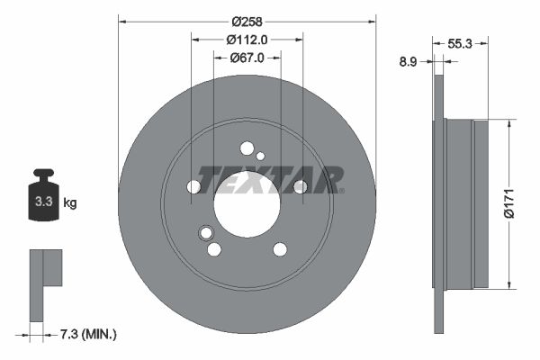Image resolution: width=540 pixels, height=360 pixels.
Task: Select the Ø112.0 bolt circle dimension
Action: (x=247, y=39)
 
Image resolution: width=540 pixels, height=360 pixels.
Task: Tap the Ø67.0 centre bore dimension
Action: (x=247, y=58)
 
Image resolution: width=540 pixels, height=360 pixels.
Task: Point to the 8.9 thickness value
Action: (x=408, y=62)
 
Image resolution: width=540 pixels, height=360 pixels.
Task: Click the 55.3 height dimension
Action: (x=460, y=42)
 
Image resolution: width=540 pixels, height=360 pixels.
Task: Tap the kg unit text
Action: (x=70, y=203)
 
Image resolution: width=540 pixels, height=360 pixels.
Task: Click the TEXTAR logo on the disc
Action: (x=270, y=179)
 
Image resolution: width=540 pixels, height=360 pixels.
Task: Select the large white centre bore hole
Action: (x=247, y=203)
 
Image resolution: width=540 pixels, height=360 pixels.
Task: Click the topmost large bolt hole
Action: (x=247, y=148)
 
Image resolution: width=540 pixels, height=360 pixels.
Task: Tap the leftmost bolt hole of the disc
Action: (x=193, y=187)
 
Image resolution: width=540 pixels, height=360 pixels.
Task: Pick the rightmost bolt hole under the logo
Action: (x=300, y=186)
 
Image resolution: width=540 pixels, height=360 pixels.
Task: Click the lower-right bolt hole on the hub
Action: (x=280, y=249)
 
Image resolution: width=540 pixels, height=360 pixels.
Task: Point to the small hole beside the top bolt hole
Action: (x=261, y=157)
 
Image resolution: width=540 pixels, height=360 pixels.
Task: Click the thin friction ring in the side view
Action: (x=439, y=203)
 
